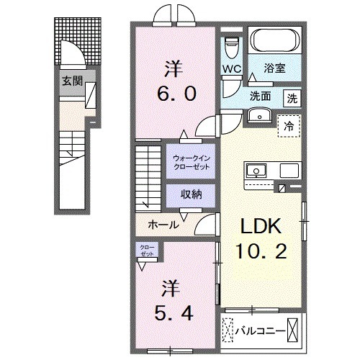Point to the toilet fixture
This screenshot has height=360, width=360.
(x=231, y=46)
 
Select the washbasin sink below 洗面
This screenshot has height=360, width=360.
(x=257, y=115)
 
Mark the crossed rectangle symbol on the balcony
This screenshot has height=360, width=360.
(x=294, y=330)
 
